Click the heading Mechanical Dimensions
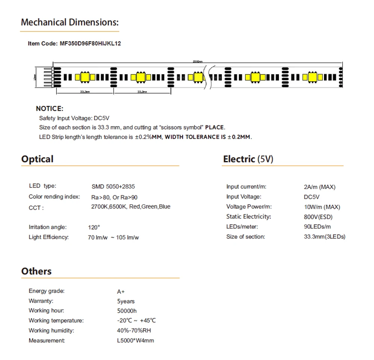pyautogui.click(x=70, y=22)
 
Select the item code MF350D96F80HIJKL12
pyautogui.click(x=90, y=43)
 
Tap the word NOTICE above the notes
pyautogui.click(x=49, y=109)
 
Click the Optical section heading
pyautogui.click(x=37, y=159)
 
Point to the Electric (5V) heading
pyautogui.click(x=248, y=159)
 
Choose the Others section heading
pyautogui.click(x=36, y=271)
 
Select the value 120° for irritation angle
pyautogui.click(x=94, y=227)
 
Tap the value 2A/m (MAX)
pyautogui.click(x=319, y=187)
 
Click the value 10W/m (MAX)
pyautogui.click(x=322, y=207)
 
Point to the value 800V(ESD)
pyautogui.click(x=318, y=217)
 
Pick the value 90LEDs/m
pyautogui.click(x=317, y=226)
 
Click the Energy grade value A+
pyautogui.click(x=121, y=292)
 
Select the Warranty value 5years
pyautogui.click(x=126, y=301)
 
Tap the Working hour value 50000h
pyautogui.click(x=127, y=311)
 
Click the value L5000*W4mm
pyautogui.click(x=135, y=341)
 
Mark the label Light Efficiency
pyautogui.click(x=49, y=237)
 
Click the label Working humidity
pyautogui.click(x=51, y=330)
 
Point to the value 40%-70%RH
pyautogui.click(x=134, y=330)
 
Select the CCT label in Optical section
pyautogui.click(x=36, y=208)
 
